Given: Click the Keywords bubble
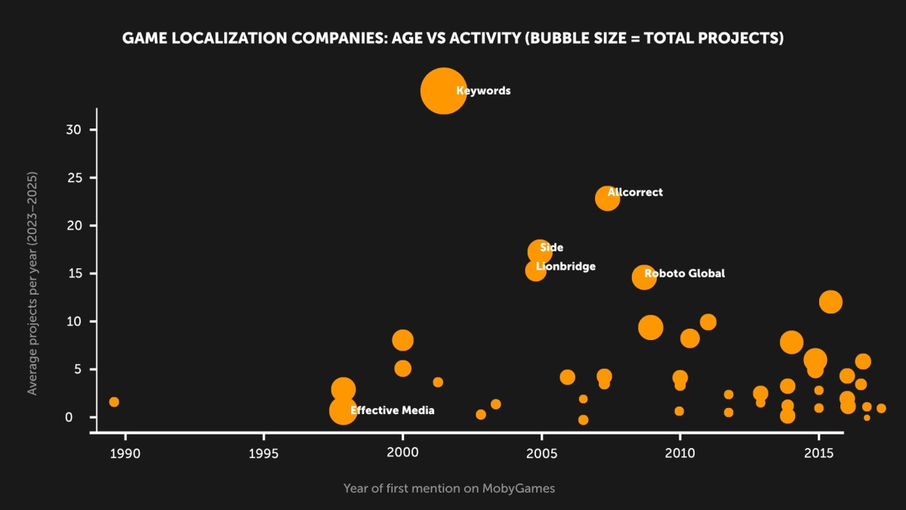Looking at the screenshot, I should [x=443, y=91].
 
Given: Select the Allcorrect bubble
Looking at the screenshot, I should [x=607, y=199].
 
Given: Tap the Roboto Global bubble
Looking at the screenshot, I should [x=643, y=277].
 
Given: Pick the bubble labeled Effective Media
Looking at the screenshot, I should [x=343, y=411].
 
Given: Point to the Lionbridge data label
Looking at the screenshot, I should [x=565, y=267].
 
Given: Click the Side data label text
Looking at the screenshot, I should [x=551, y=248].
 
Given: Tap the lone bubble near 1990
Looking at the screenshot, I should [x=114, y=402].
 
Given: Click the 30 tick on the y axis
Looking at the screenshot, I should [x=72, y=130].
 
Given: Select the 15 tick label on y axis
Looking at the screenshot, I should [x=72, y=274].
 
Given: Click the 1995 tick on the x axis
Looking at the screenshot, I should [x=263, y=453].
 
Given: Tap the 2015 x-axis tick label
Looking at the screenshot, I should [x=819, y=453].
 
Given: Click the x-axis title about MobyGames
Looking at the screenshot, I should [x=448, y=488].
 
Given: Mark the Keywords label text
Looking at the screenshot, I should [x=483, y=91].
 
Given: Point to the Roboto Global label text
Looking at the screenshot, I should [x=684, y=274].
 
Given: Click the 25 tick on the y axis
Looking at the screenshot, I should [x=72, y=178].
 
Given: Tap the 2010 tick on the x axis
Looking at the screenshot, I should [x=680, y=453].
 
